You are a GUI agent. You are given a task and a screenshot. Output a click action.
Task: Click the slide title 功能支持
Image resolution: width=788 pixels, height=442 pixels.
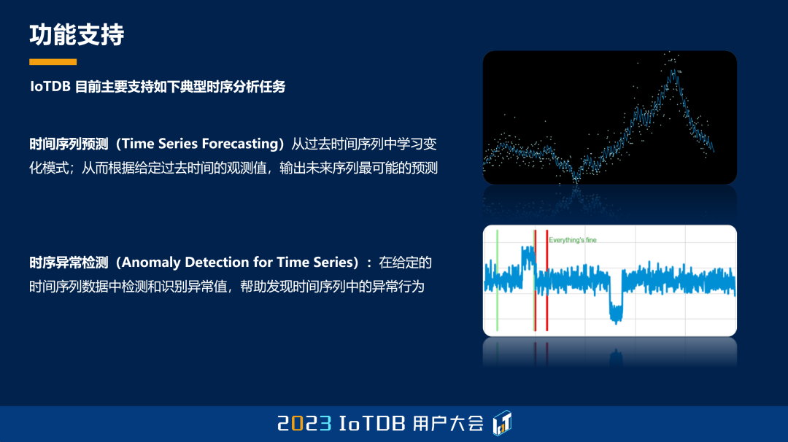pos(77,35)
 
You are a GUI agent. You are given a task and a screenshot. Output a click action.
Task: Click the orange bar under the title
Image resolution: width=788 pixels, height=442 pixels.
pos(53,62)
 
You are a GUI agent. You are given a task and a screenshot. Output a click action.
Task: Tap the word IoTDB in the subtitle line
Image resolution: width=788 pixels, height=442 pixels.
pos(50,86)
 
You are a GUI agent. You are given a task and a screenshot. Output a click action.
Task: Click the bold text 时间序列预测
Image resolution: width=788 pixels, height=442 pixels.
pos(69,144)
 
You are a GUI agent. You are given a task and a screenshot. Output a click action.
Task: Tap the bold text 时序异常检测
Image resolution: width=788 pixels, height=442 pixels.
pos(69,263)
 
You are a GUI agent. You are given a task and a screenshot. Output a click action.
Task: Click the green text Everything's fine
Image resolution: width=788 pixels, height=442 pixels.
pos(573,240)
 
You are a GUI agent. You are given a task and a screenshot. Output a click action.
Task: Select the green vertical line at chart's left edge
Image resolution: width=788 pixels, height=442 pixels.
pos(497,280)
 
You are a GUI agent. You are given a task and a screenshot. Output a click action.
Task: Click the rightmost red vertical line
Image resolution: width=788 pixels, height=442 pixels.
pos(546,280)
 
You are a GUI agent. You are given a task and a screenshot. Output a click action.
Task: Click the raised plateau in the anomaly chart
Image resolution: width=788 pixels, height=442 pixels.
pos(528,256)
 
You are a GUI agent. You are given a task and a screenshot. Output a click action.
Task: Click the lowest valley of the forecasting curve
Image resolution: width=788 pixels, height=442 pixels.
pos(576,178)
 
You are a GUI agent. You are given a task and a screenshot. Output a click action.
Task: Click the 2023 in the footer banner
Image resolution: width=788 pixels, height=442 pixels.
pos(304,424)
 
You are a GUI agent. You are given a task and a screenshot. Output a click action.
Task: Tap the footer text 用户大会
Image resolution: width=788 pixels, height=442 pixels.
pos(448,424)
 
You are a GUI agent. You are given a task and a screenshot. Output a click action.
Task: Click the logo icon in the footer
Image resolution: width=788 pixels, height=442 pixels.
pos(502,423)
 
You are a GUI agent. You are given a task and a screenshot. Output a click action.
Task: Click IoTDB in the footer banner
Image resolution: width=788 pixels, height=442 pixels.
pos(372,424)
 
